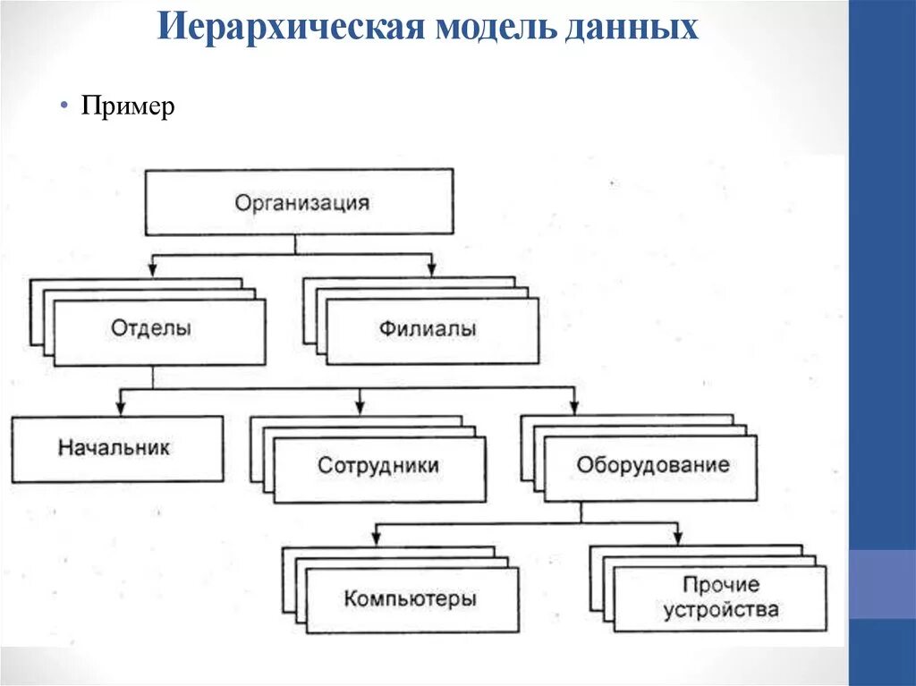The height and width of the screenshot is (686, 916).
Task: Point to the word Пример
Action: (128, 107)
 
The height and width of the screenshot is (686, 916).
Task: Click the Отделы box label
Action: (151, 328)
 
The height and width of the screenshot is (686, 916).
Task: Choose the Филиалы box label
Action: (427, 329)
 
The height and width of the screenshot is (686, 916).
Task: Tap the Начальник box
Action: (116, 447)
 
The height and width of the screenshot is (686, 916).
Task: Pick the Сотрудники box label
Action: (378, 466)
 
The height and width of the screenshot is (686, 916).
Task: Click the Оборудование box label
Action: (652, 465)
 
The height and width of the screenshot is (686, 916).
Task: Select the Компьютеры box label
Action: (410, 598)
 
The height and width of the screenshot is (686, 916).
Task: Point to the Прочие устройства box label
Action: (720, 597)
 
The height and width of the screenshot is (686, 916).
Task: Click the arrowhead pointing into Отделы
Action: (152, 267)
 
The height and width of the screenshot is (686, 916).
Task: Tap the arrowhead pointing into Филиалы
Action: (431, 267)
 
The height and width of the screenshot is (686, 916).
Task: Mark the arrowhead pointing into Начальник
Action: (122, 408)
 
